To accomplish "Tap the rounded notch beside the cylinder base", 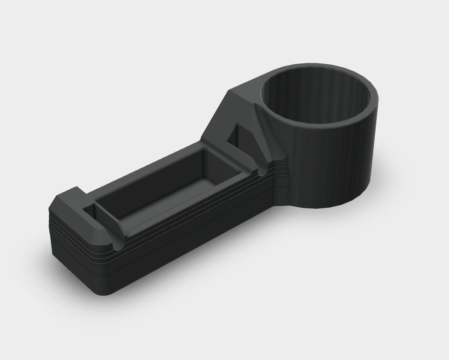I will [x=263, y=171].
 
